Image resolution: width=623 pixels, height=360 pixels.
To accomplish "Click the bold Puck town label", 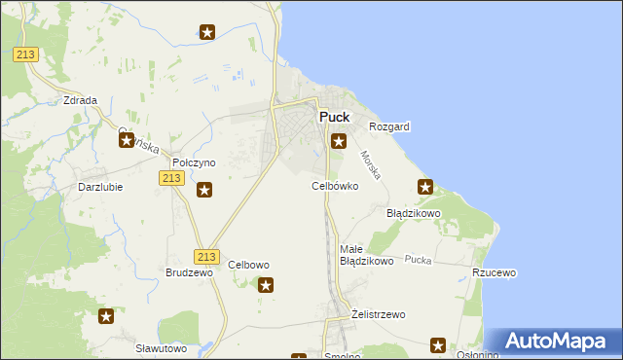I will click(334, 117).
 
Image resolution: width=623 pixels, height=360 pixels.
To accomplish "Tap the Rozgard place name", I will click(389, 126).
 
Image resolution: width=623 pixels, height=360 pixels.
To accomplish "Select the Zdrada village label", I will click(80, 100).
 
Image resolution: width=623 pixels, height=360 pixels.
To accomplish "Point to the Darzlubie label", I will click(100, 187).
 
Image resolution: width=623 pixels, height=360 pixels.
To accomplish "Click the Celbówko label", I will click(335, 185).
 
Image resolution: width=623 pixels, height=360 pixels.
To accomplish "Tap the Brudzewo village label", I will click(189, 273).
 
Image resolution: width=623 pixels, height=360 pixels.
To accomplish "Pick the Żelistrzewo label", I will click(378, 314).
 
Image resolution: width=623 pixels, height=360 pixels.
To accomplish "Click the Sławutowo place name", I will click(161, 348).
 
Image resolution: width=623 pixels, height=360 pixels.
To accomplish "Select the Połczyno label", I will click(193, 162).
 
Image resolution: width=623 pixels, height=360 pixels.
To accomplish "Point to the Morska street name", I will click(371, 163).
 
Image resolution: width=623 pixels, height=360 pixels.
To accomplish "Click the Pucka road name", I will click(419, 260).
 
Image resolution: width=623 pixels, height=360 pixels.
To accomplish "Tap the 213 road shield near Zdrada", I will click(26, 54).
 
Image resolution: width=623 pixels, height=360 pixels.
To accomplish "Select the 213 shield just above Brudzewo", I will click(205, 256).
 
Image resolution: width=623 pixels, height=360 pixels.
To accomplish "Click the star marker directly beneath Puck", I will click(339, 141).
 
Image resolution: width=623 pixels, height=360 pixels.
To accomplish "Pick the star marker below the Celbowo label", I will click(266, 285).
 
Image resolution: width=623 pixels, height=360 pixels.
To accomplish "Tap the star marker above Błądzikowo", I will click(425, 186).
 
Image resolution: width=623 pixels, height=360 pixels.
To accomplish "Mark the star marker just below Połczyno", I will click(204, 190).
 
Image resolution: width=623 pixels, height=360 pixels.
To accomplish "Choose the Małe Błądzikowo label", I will click(365, 255).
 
